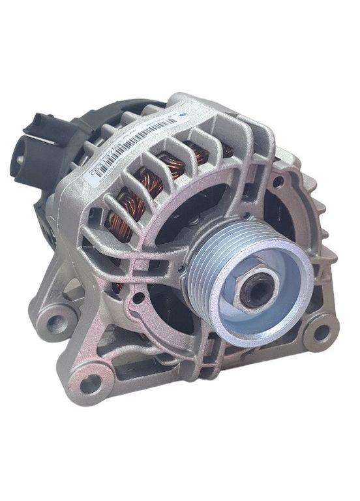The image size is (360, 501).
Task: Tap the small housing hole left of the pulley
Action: click(138, 298)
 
